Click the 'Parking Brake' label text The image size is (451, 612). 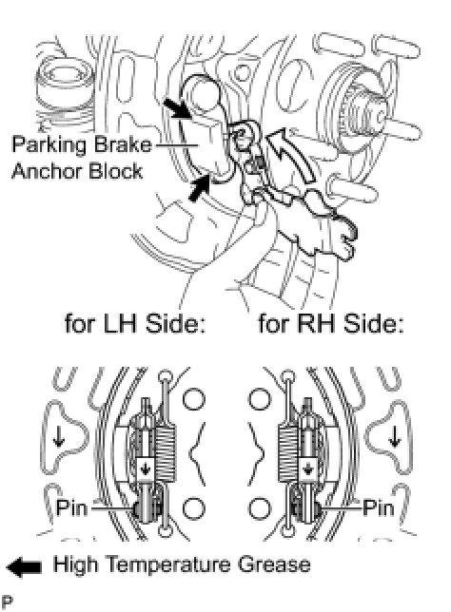point(82,144)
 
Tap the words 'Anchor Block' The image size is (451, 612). point(77,172)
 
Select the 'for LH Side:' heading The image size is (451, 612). point(135,323)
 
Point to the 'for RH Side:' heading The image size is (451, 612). point(330,323)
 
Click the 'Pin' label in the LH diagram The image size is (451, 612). point(72,507)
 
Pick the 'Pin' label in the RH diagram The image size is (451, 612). point(379,507)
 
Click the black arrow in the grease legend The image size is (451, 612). point(24,566)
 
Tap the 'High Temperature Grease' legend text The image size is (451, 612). point(182,565)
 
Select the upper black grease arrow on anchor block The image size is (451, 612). point(177,108)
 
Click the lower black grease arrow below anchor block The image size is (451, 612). point(199,188)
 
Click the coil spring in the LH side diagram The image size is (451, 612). point(166,451)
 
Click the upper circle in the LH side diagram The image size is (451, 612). point(193,399)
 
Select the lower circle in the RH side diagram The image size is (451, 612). point(260,508)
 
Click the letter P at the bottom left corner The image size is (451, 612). point(7,602)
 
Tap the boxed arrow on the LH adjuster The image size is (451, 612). point(146,468)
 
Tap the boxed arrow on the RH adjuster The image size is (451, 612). point(308,468)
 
